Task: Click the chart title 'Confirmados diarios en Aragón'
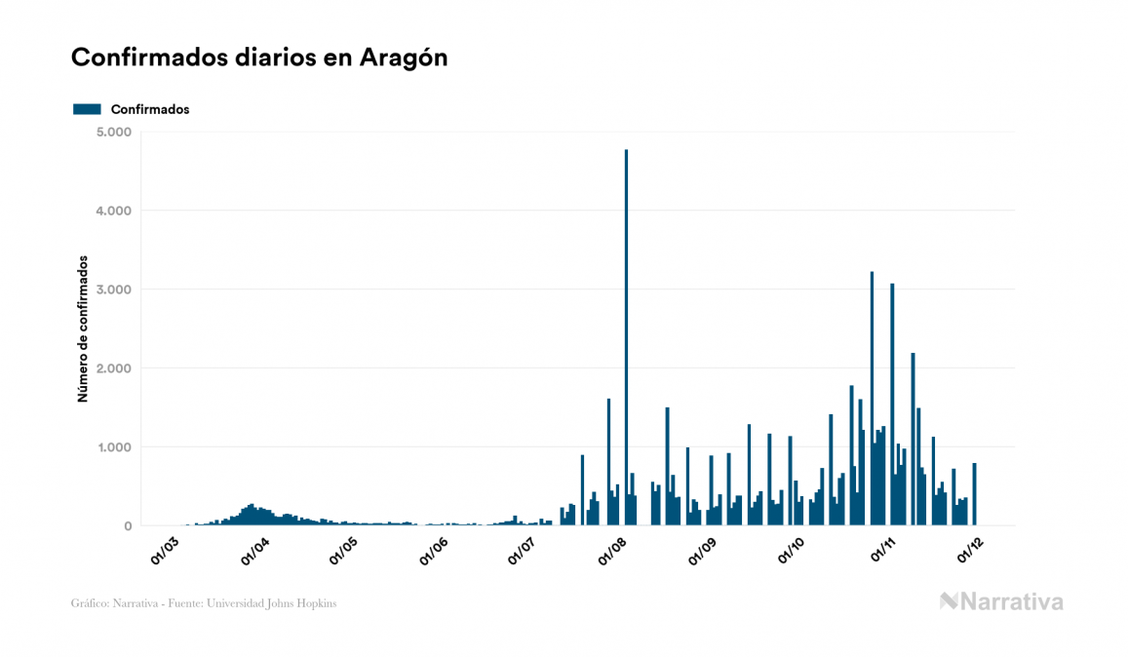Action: tap(259, 58)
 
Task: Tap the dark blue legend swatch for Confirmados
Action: tap(87, 109)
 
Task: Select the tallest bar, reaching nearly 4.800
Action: tap(626, 341)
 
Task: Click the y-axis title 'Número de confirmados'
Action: tap(84, 329)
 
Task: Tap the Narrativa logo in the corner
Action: tap(1001, 601)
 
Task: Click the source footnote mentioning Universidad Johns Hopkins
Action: tap(204, 603)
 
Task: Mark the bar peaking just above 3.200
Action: tap(872, 400)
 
